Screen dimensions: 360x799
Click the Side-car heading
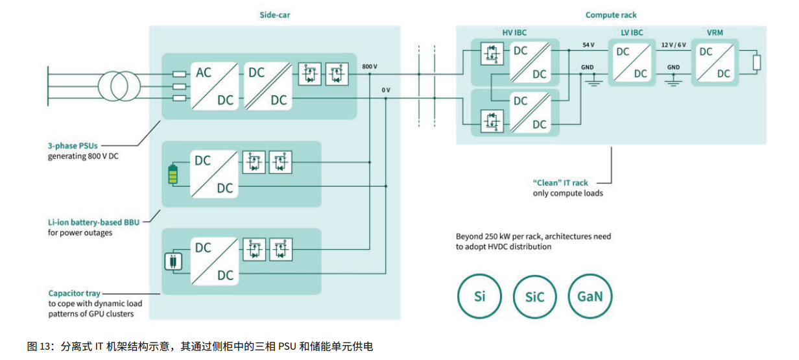(x=275, y=15)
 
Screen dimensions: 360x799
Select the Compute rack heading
(x=610, y=15)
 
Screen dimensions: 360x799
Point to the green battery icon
(x=173, y=174)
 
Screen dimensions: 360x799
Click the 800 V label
(x=369, y=66)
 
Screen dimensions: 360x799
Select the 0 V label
(x=386, y=90)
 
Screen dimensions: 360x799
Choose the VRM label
(x=715, y=32)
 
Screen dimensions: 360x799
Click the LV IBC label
(x=631, y=32)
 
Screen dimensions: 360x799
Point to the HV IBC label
(x=515, y=32)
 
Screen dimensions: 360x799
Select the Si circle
(x=479, y=296)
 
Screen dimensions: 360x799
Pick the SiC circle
(x=534, y=296)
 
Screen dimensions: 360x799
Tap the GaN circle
(x=590, y=296)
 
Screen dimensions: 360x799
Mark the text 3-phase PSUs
(x=73, y=146)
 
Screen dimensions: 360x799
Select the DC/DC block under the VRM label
(x=715, y=62)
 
